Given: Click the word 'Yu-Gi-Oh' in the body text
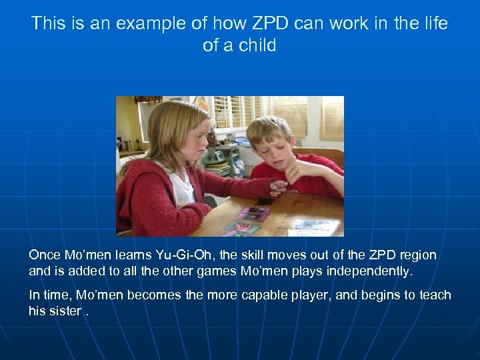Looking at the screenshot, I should (183, 255).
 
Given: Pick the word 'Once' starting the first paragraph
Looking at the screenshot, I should (45, 255).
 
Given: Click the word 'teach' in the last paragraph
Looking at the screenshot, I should (435, 295).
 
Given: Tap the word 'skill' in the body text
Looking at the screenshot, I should (249, 255).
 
